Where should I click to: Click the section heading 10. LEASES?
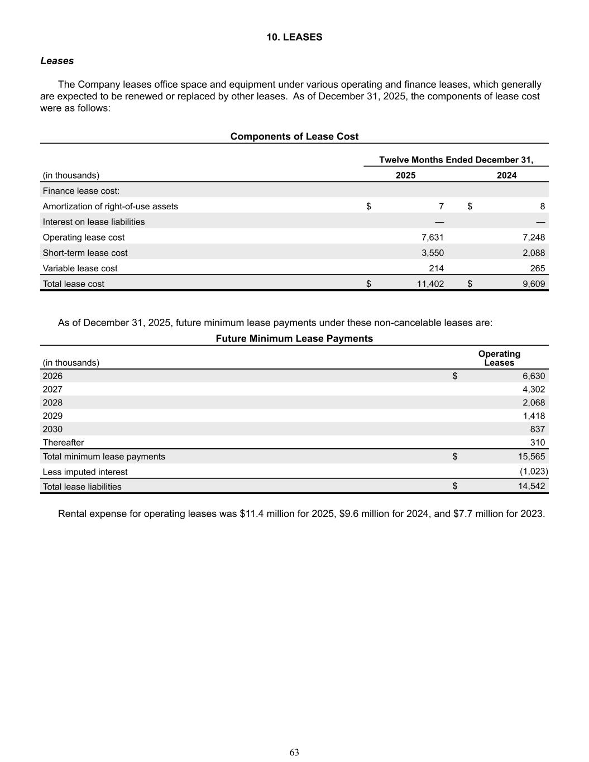point(294,37)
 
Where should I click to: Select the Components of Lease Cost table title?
point(294,137)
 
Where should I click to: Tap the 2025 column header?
point(405,175)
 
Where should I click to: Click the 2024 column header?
point(506,175)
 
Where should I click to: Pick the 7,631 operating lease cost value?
point(432,237)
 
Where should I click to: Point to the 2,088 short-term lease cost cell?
point(533,253)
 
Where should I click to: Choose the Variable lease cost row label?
point(80,269)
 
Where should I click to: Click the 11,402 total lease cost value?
point(430,284)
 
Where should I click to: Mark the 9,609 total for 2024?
point(533,284)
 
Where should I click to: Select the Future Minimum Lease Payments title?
point(294,339)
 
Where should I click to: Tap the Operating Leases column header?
point(499,358)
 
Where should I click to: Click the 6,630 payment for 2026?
point(533,376)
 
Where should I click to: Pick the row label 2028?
point(52,403)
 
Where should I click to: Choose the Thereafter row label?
point(63,443)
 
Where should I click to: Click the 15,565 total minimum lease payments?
point(531,457)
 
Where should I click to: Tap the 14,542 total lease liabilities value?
point(531,487)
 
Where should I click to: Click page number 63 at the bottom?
point(294,753)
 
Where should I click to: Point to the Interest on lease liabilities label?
point(93,222)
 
